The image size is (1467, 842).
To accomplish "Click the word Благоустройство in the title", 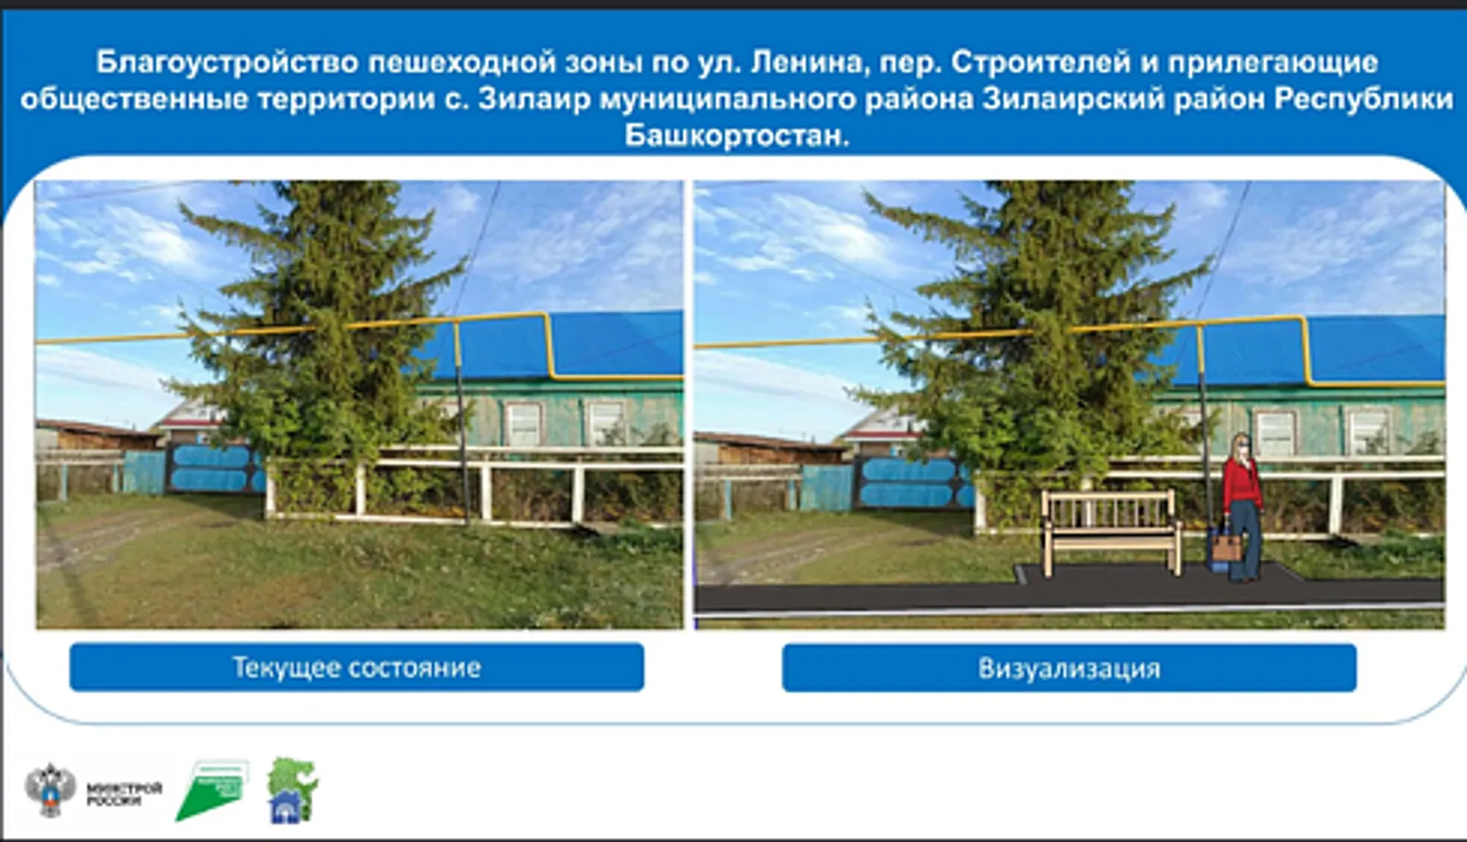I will (227, 62).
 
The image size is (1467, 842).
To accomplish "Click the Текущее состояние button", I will (357, 667).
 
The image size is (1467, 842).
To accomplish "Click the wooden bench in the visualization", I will (1111, 529).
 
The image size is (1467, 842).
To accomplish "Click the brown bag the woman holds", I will (1227, 547).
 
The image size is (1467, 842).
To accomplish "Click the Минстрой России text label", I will (124, 793).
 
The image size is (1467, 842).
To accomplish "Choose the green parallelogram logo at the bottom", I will (211, 791).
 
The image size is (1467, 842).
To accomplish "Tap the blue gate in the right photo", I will (912, 482).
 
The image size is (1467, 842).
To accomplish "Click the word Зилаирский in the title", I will (1124, 99).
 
